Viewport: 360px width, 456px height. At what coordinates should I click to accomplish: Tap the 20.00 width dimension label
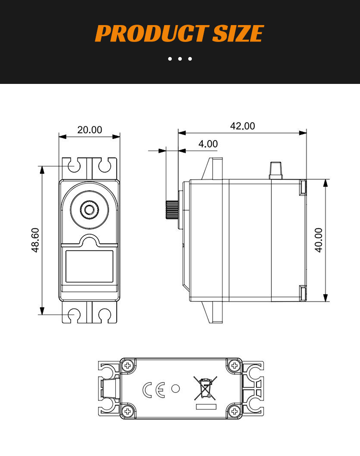[89, 130]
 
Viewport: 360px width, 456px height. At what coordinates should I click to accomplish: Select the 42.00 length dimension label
[242, 126]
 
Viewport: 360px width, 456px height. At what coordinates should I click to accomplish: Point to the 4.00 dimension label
[208, 144]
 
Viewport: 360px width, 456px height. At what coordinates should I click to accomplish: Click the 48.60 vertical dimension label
[35, 240]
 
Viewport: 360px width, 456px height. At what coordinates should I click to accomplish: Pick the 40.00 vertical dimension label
[319, 240]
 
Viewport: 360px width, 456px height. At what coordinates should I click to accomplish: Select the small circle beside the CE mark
[175, 389]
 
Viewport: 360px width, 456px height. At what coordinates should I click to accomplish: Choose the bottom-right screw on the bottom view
[235, 412]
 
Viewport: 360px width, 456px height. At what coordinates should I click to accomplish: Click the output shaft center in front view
[89, 209]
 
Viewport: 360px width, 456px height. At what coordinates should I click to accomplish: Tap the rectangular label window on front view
[89, 266]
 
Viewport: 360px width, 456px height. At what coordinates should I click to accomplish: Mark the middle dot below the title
[180, 59]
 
